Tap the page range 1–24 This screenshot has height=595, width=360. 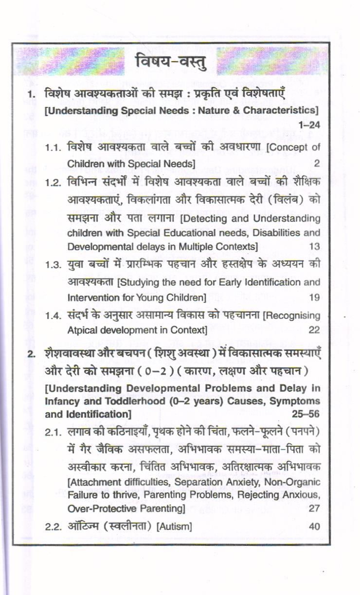[x=310, y=124]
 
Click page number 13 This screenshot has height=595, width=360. [x=314, y=246]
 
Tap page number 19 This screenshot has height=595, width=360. [x=314, y=297]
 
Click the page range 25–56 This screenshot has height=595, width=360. [x=306, y=415]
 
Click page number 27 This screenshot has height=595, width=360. [x=314, y=508]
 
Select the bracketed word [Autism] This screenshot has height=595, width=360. [x=174, y=527]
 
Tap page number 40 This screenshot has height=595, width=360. [x=314, y=527]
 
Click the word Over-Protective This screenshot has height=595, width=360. [x=97, y=508]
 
